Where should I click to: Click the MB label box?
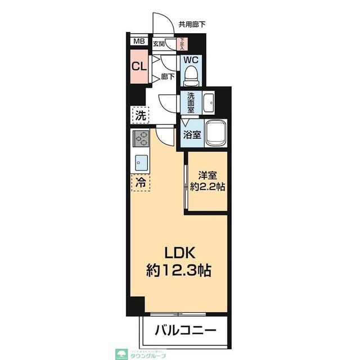point(139,42)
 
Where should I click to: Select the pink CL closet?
point(139,65)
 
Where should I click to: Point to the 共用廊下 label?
point(192,24)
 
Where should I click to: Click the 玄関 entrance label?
point(159,43)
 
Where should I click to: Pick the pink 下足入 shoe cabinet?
point(182,43)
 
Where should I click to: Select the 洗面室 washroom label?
point(191,103)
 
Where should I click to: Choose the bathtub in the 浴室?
point(215,134)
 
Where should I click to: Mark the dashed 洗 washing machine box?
point(141,116)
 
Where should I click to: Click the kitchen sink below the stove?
point(141,162)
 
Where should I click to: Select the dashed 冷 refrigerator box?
point(141,183)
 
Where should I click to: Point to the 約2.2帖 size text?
point(207,187)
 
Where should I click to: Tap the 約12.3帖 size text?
point(179,271)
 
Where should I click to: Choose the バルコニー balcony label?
point(184,330)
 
